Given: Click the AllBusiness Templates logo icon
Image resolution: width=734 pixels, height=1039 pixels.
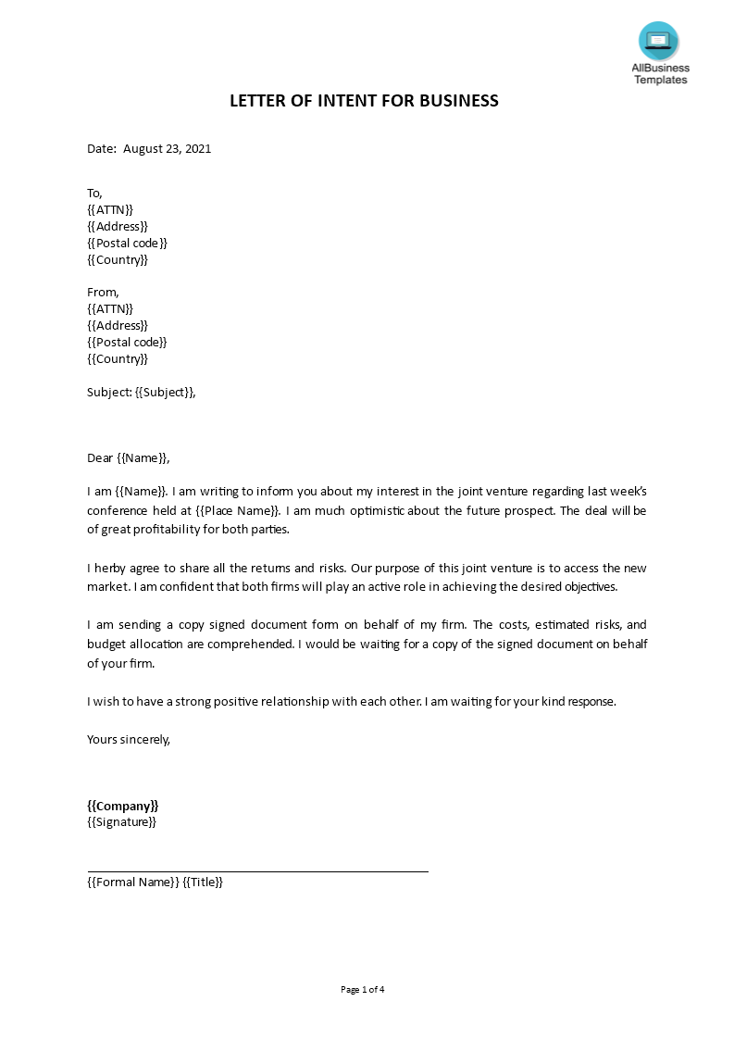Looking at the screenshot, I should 658,42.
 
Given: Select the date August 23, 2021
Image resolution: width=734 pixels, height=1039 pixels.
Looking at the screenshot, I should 167,148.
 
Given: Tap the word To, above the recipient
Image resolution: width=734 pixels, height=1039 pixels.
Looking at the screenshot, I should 94,193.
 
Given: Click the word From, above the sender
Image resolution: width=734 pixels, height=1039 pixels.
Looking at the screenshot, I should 103,292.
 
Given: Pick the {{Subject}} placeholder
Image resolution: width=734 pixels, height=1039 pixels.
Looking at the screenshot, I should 165,392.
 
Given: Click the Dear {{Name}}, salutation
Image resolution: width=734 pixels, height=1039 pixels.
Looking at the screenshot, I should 129,457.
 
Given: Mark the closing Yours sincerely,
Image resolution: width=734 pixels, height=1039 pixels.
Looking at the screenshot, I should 129,739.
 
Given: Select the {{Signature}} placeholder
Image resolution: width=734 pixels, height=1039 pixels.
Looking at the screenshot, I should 121,821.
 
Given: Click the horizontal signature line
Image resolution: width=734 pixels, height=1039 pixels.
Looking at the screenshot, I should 257,870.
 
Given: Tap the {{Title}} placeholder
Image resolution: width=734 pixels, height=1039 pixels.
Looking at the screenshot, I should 203,882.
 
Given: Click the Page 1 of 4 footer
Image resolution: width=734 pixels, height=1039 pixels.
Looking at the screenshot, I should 362,989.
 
